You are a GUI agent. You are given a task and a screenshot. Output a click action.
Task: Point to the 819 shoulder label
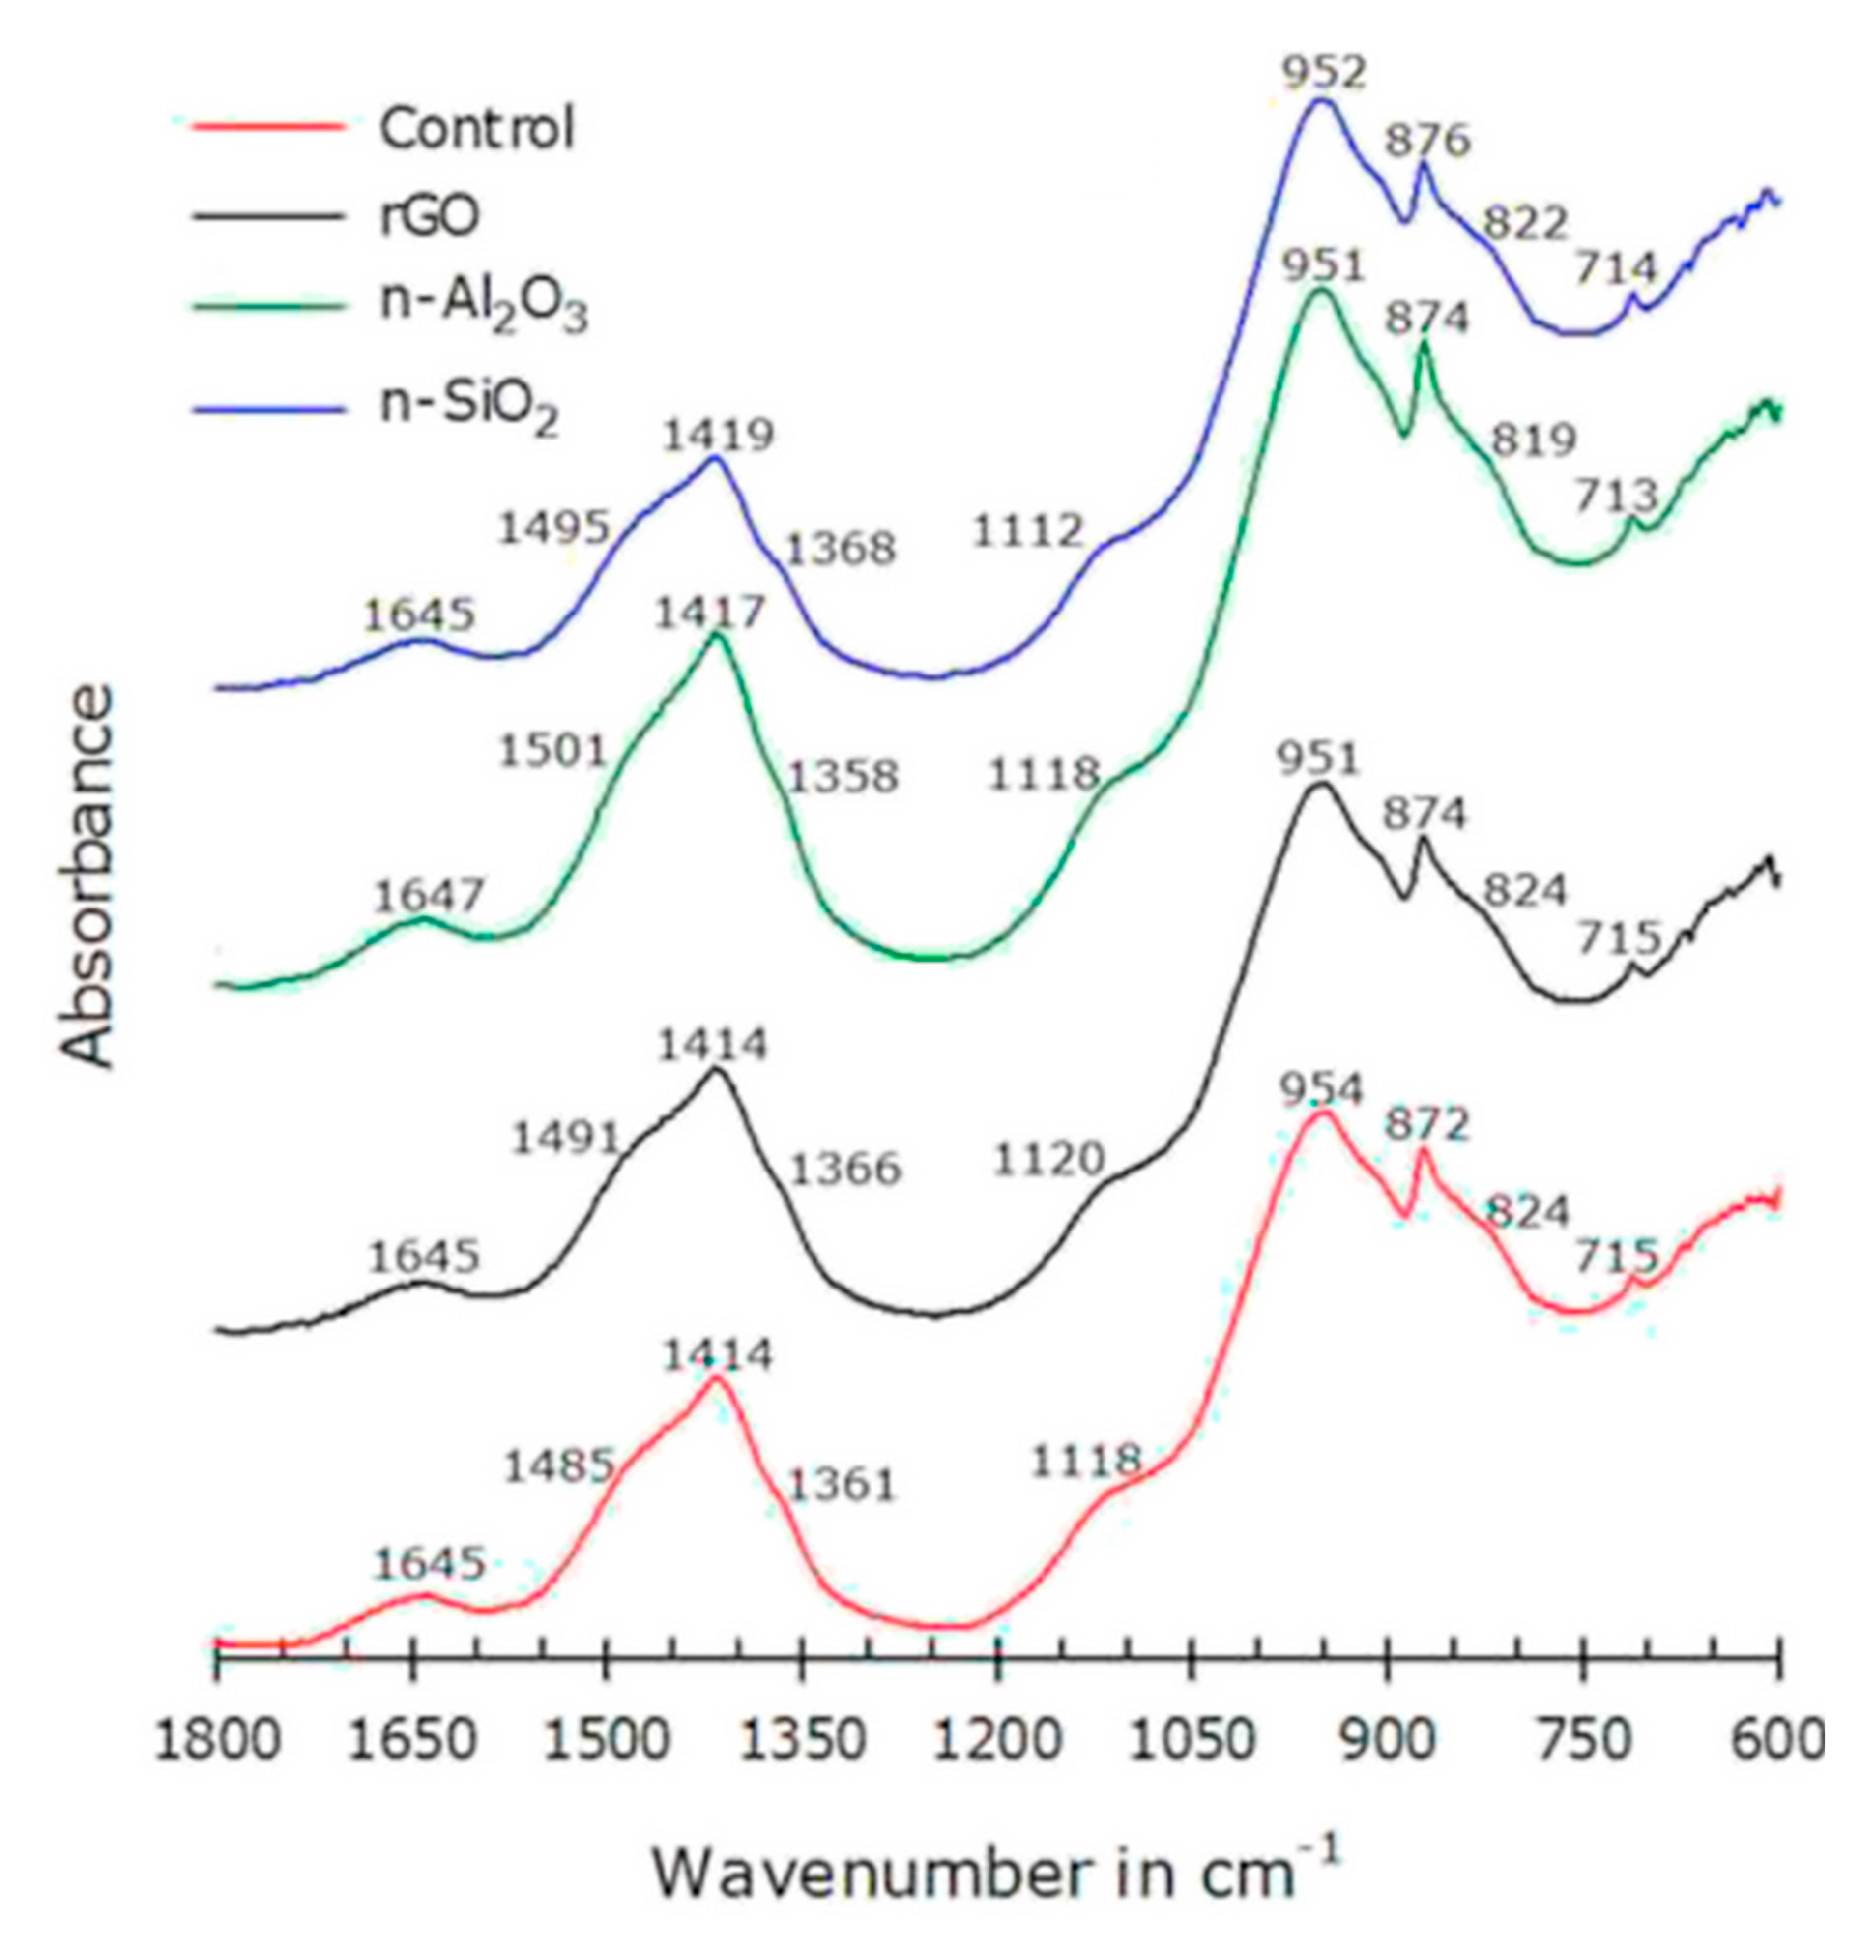1533,440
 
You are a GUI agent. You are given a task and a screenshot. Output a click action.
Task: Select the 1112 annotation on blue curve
1028,532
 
